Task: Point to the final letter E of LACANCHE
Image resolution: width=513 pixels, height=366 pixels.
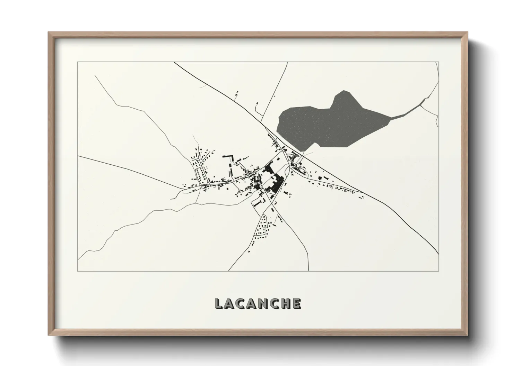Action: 296,303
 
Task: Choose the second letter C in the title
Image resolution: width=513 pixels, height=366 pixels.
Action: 274,303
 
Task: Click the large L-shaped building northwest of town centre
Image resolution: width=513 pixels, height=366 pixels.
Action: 229,157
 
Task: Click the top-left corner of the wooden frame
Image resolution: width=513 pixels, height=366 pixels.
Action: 49,33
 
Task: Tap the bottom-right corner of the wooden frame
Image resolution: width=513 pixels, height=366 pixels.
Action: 467,335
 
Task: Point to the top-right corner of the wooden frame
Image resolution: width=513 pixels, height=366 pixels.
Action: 467,33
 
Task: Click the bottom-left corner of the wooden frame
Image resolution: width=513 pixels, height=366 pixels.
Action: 49,335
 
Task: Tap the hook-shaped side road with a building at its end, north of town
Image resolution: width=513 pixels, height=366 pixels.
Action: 257,108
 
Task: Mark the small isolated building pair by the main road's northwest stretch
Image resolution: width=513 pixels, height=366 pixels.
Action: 237,93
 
